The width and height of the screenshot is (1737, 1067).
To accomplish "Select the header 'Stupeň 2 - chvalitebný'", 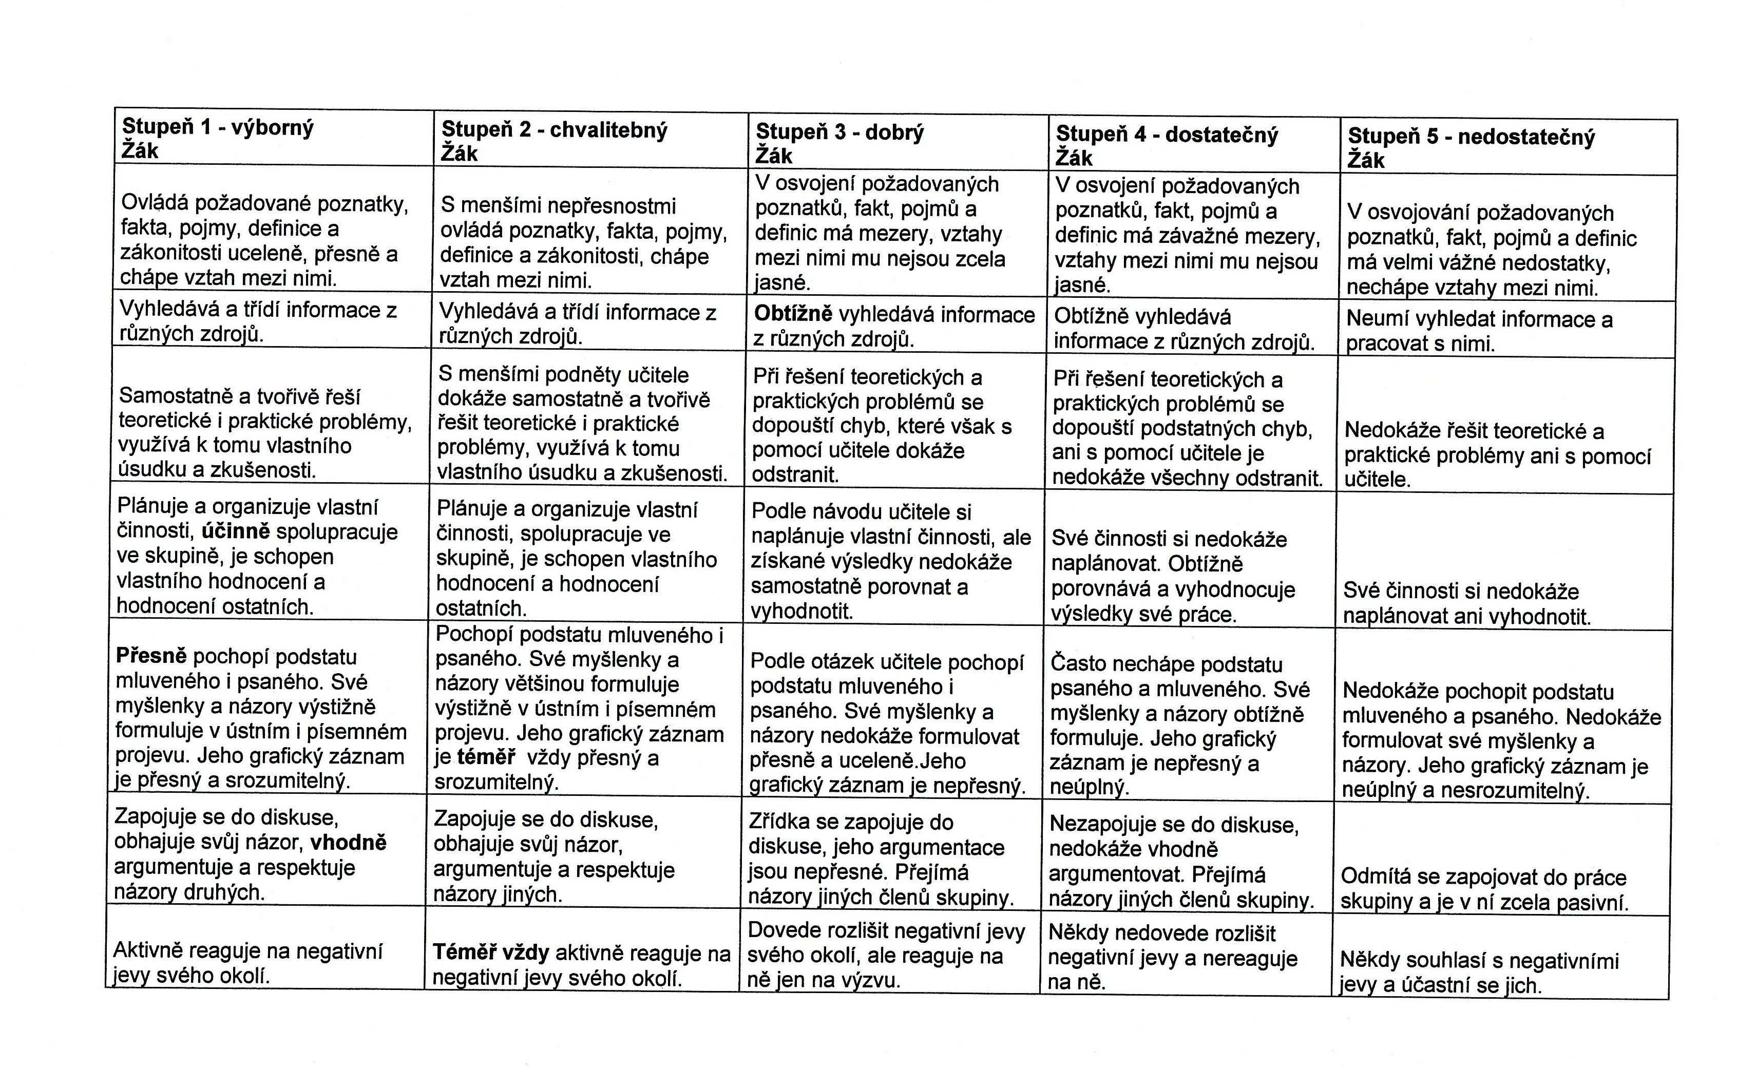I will pyautogui.click(x=554, y=130).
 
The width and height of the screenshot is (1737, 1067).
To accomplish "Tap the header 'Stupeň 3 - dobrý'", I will pyautogui.click(x=839, y=132).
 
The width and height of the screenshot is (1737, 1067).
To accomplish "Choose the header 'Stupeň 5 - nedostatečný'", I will pyautogui.click(x=1471, y=137).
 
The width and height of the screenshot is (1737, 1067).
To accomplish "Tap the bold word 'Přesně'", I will pyautogui.click(x=151, y=656).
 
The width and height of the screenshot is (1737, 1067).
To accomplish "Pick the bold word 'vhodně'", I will pyautogui.click(x=349, y=843).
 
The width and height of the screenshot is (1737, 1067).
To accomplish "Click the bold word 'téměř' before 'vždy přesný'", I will pyautogui.click(x=486, y=758).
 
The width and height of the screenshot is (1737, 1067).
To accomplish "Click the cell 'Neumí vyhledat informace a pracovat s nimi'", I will pyautogui.click(x=1479, y=332).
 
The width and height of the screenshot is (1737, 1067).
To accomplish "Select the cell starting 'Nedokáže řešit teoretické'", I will pyautogui.click(x=1497, y=454).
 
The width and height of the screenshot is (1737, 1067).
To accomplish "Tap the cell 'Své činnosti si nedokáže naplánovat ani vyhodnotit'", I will pyautogui.click(x=1466, y=603).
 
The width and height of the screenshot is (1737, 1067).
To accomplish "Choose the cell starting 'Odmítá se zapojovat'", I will pyautogui.click(x=1484, y=889).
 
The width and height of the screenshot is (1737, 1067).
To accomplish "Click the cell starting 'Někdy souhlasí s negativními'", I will pyautogui.click(x=1479, y=973).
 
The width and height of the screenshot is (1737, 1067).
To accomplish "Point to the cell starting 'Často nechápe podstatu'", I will pyautogui.click(x=1179, y=725).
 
